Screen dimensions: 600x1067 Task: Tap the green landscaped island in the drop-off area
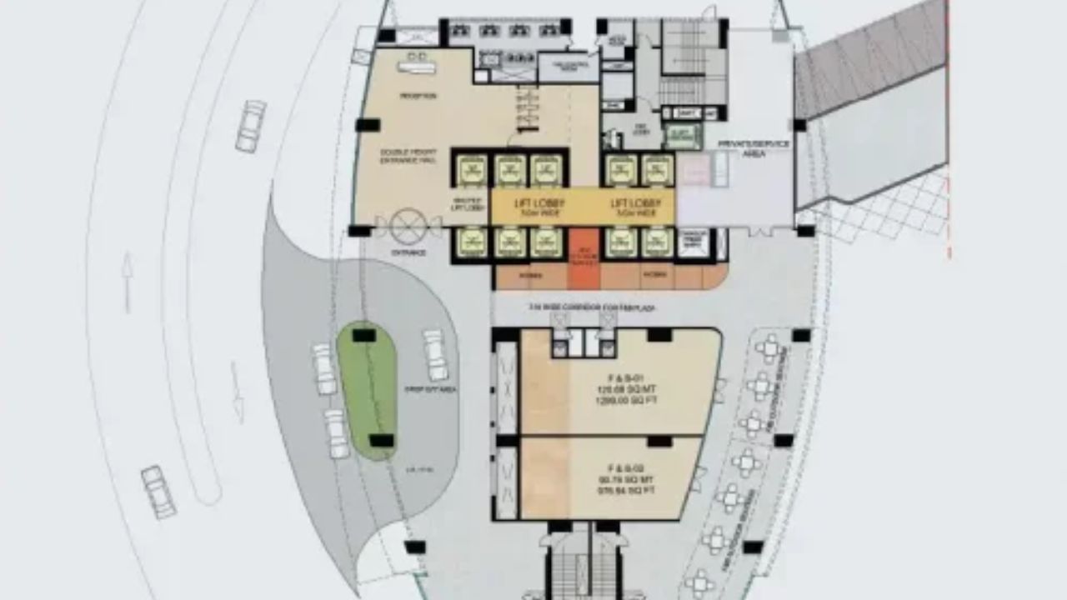coord(367,388)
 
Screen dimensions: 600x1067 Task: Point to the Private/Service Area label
coord(754,148)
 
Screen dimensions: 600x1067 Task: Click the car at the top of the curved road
coord(250,126)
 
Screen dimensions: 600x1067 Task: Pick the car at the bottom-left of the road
coord(158,492)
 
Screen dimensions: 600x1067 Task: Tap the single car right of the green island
coord(435,355)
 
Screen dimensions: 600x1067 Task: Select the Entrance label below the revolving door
coord(408,252)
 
